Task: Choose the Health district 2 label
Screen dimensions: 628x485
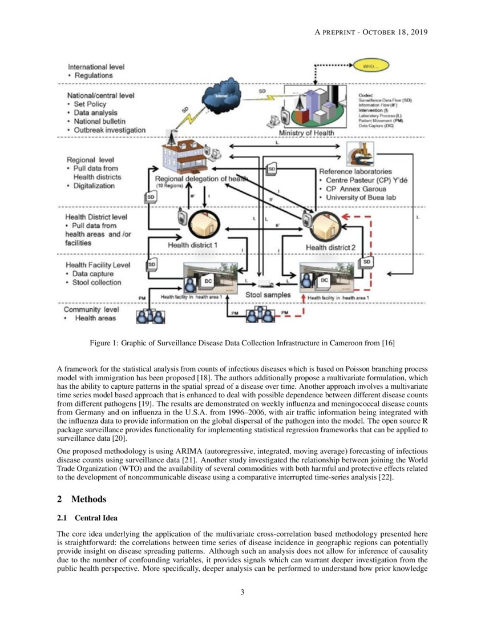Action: click(330, 247)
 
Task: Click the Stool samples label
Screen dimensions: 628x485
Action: click(268, 295)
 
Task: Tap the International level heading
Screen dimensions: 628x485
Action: click(96, 67)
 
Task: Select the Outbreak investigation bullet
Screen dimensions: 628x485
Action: click(110, 130)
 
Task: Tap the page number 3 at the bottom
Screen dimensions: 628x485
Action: click(242, 591)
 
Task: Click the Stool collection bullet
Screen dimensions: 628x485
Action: click(98, 282)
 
